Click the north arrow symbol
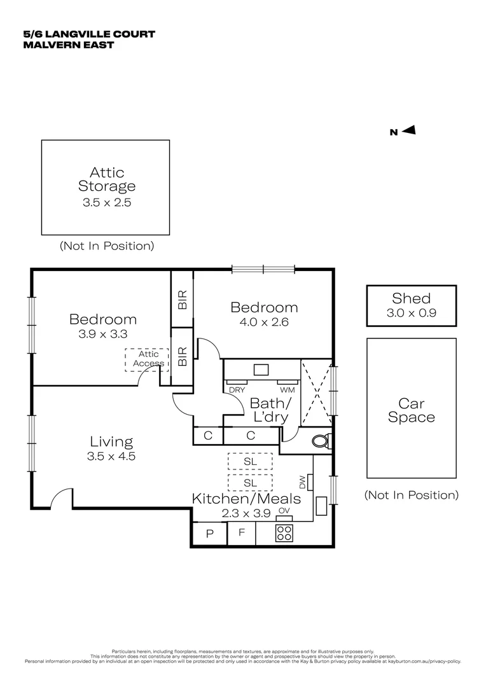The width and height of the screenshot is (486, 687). point(409,130)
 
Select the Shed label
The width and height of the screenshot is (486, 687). point(411,298)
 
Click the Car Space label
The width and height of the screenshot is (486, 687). point(412,410)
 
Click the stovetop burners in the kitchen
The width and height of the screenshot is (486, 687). point(284,533)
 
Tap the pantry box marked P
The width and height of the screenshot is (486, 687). point(209,534)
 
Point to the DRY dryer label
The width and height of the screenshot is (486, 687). point(237,390)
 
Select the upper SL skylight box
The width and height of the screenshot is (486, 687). point(249,461)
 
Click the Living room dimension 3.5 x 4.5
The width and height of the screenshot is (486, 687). point(111,456)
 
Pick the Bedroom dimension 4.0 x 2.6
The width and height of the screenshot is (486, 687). point(264,322)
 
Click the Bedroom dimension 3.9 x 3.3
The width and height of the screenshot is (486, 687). point(103,334)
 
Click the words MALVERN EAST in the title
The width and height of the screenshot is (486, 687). point(68,45)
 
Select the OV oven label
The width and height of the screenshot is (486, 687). point(284,511)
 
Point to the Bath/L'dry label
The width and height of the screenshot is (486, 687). point(270,410)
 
